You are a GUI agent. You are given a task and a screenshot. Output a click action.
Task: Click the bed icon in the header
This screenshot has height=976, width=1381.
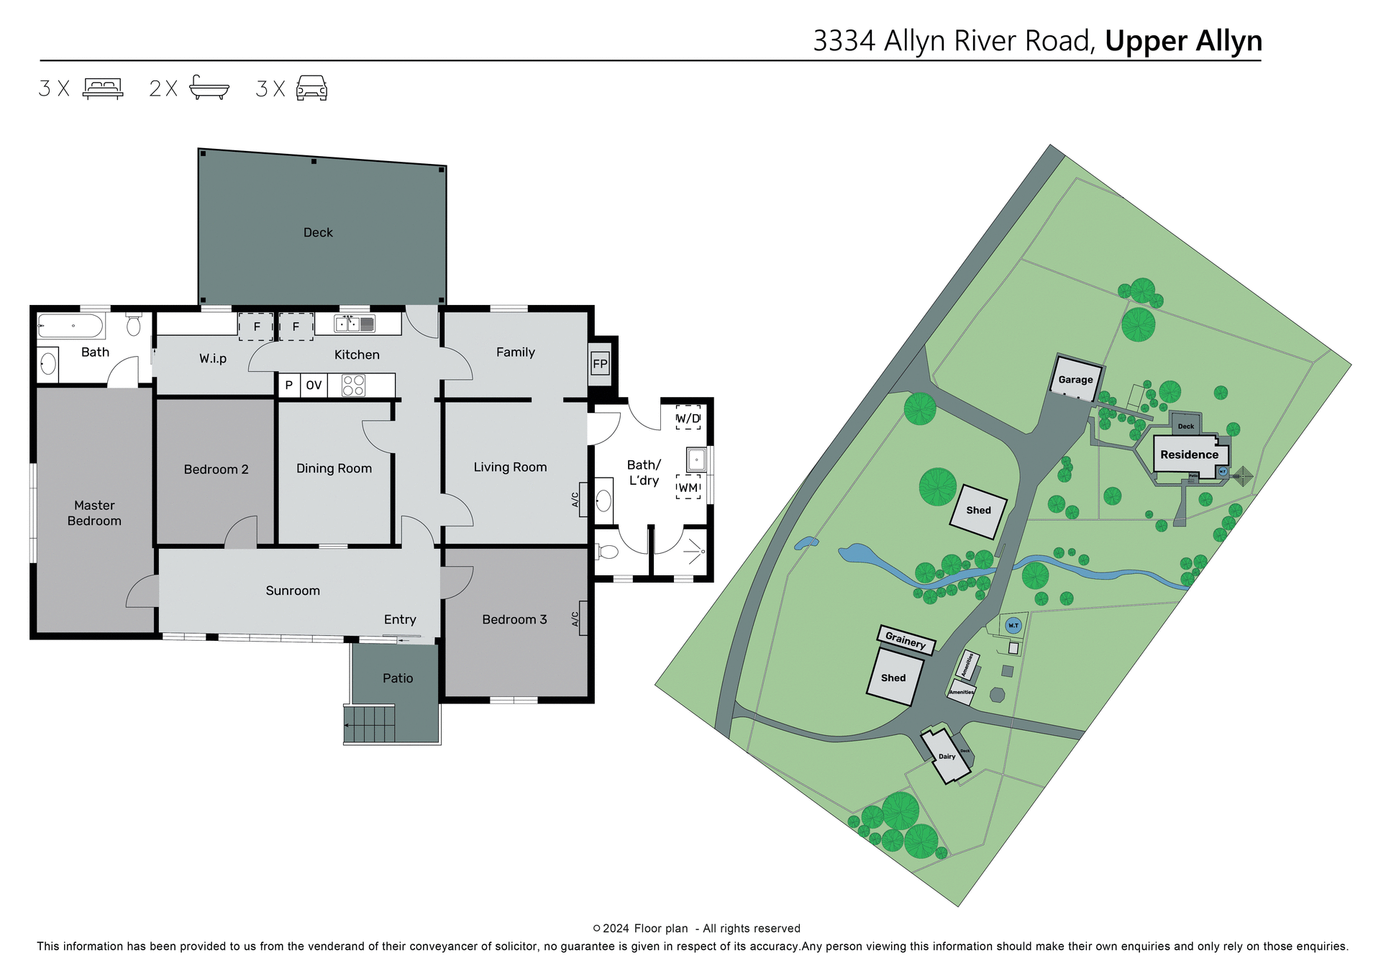coord(103,88)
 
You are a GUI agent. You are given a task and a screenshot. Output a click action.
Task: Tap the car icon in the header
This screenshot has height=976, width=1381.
coord(311,88)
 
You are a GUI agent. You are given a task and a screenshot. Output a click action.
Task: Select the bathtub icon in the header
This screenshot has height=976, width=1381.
coord(209,88)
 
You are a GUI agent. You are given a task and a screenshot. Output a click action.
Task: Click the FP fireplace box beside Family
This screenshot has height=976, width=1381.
coord(600,364)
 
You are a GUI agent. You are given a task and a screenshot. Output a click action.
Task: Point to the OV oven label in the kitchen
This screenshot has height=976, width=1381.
coord(314,386)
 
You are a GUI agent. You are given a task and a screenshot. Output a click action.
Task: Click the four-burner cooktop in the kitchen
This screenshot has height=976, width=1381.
coord(353,386)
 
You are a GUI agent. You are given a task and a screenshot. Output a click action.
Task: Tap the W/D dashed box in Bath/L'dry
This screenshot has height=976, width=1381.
coord(688,418)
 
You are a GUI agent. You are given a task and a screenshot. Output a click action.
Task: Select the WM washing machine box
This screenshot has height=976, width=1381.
coord(688,488)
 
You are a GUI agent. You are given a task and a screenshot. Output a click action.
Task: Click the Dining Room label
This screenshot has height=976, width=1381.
coord(334,468)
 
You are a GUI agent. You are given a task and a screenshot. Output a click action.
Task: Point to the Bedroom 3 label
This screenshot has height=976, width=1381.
coord(514,619)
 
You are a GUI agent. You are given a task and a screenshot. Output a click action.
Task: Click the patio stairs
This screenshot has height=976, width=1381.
coord(370,724)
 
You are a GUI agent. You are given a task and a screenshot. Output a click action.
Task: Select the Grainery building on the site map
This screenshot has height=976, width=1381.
coord(906,639)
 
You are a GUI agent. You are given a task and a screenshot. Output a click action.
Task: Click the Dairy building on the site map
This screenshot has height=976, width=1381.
coord(947,757)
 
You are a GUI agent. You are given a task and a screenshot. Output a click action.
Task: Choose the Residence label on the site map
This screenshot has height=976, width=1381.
coord(1189,455)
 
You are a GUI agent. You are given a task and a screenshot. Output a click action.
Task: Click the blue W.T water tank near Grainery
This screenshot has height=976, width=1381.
coord(1013,626)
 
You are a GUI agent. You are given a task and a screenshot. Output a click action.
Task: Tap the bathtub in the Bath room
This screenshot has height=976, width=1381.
coord(71,326)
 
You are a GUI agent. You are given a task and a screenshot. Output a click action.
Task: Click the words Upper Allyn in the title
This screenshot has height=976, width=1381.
coord(1183,41)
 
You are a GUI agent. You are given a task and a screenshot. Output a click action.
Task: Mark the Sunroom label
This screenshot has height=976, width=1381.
coord(293,590)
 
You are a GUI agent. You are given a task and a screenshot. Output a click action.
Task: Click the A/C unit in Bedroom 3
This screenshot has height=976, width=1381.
coord(583,618)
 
